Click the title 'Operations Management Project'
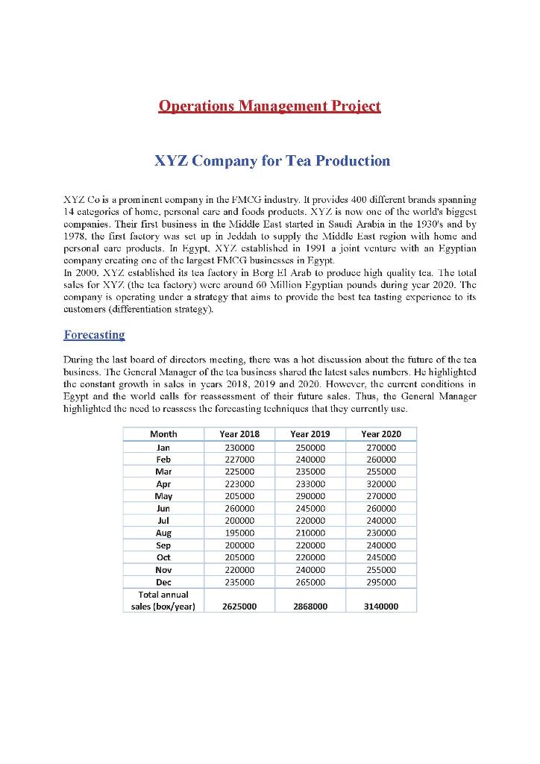coord(270,105)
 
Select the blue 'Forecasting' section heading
coord(94,334)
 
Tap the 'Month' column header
coord(163,433)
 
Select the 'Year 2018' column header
coord(239,433)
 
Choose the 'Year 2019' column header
coord(309,433)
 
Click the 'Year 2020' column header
coord(380,433)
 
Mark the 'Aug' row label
coord(163,533)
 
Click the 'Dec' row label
coord(163,582)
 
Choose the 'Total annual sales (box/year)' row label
coord(163,601)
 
